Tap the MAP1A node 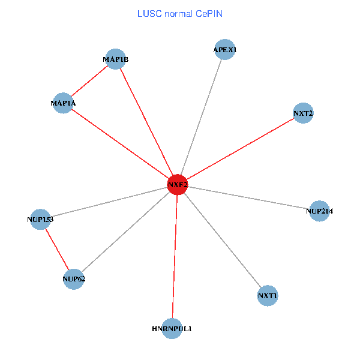63,103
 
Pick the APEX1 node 224,50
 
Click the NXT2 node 303,113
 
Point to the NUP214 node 319,211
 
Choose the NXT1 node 268,296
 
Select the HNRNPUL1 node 172,328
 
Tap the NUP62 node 73,278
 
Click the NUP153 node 40,220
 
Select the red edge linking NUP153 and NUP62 57,249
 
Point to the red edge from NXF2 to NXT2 240,149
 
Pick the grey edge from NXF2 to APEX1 201,117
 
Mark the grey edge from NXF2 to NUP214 248,198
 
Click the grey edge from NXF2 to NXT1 223,241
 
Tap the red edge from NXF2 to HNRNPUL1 175,257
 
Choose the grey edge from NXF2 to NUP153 109,202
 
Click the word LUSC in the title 148,13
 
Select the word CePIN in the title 209,13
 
